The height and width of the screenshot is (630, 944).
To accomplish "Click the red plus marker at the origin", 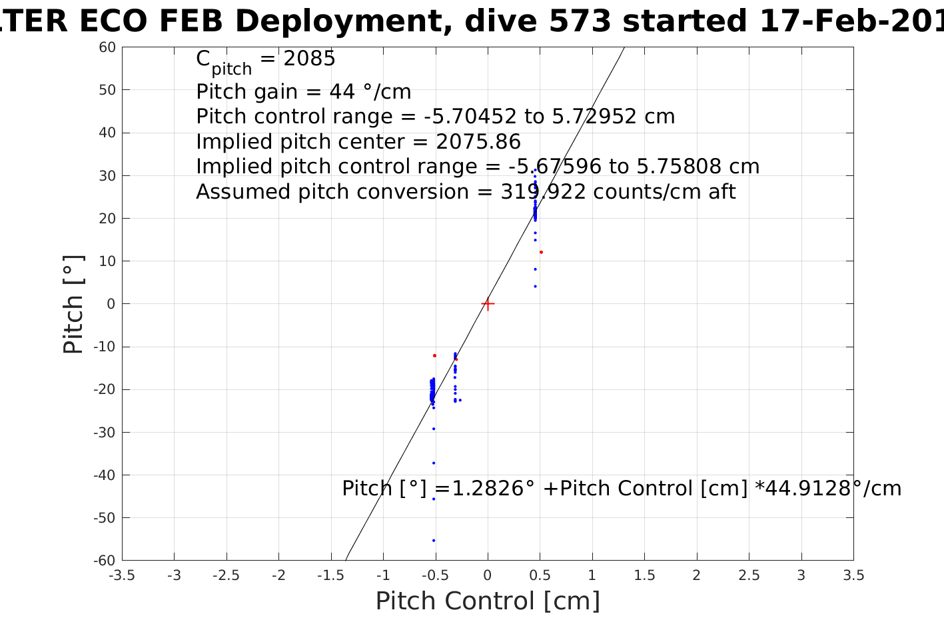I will coord(488,304).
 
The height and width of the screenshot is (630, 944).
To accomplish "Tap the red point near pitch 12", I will coord(541,252).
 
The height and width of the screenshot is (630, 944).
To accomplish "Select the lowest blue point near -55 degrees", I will coord(434,541).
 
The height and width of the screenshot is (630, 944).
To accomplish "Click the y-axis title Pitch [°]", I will coord(73,304).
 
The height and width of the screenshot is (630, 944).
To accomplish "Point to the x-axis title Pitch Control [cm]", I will coord(488,601).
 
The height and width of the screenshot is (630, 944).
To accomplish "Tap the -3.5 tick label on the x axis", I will coord(121,575).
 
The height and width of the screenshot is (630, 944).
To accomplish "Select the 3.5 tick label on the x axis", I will coord(853,575).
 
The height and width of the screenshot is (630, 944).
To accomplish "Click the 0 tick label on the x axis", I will coord(488,575).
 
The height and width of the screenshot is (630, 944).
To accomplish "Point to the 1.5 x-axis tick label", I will coord(644,575).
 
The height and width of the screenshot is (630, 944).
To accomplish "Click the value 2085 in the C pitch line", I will coord(309,59).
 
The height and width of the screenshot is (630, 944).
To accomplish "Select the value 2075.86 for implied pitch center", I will coord(478,142).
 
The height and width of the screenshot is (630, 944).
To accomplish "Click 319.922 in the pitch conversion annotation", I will coord(543,192).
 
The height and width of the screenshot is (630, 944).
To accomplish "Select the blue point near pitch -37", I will coord(434,463).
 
